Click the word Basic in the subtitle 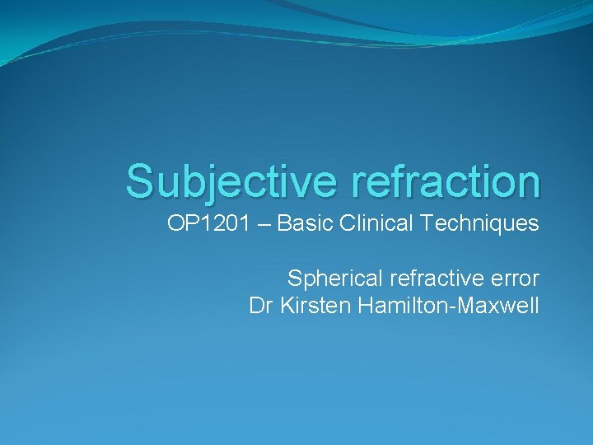(x=301, y=223)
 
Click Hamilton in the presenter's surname (x=395, y=307)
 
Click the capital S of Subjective (x=140, y=180)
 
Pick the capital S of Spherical (x=294, y=279)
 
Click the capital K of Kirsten (x=286, y=307)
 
